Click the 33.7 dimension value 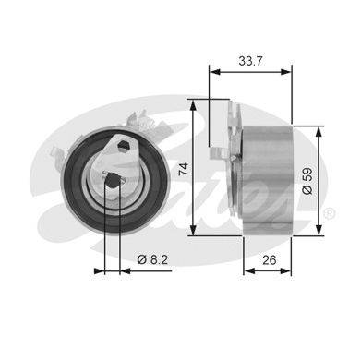coord(250,61)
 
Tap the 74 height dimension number coord(184,169)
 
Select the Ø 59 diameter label coord(307,181)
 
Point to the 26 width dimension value coord(270,260)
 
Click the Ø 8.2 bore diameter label coord(152,259)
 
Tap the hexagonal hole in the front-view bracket coord(124,145)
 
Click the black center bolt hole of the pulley coord(113,180)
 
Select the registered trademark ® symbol coord(330,213)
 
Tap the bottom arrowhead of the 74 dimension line coord(193,230)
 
